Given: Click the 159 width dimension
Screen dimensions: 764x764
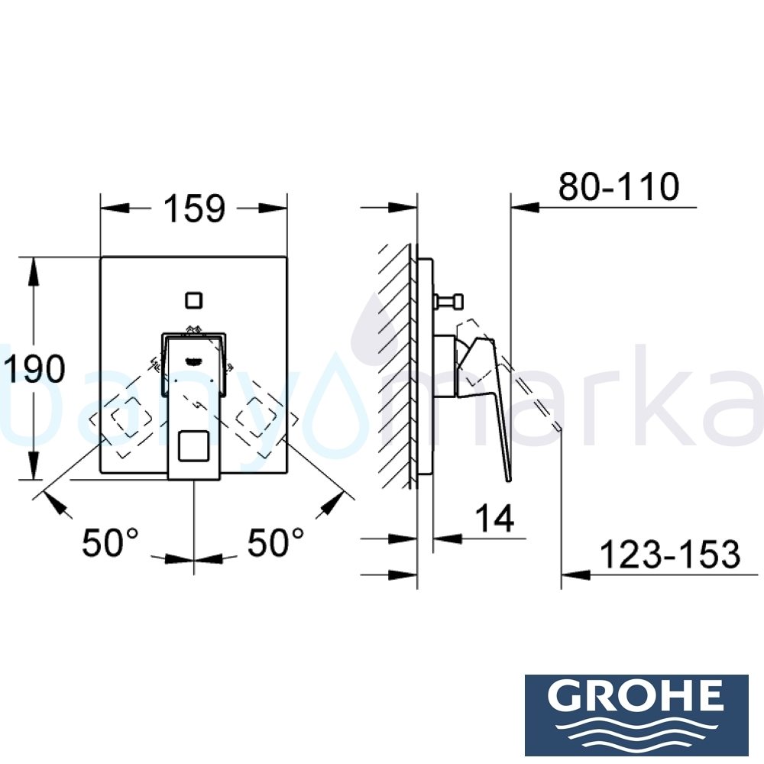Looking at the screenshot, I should (193, 209).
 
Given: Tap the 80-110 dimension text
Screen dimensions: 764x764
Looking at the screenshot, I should (618, 187).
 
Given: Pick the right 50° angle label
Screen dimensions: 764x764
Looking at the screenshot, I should (276, 543).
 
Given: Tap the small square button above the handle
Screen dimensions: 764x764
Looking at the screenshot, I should (194, 299).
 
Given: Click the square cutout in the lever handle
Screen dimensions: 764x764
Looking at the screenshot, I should (193, 445).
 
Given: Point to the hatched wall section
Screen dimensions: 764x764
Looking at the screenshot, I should (396, 367).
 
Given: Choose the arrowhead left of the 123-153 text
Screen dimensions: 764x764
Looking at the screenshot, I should (573, 574).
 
